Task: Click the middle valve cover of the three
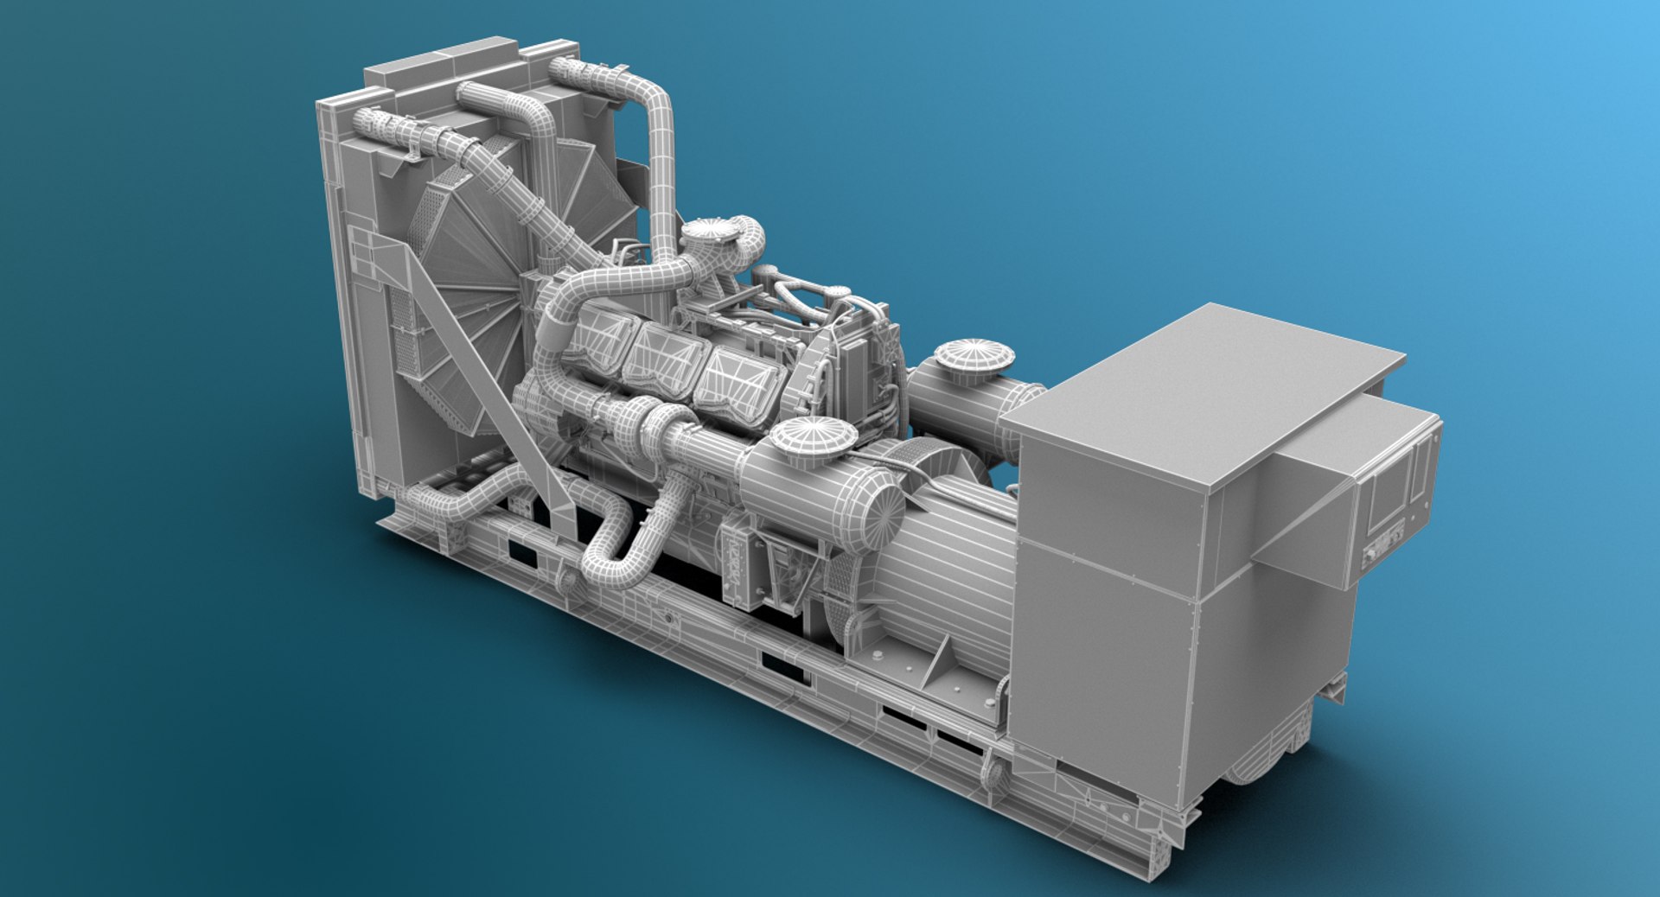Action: [664, 358]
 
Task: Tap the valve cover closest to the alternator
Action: [737, 385]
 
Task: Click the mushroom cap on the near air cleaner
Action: [813, 436]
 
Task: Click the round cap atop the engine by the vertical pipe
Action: [710, 232]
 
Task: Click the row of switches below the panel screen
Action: [1382, 550]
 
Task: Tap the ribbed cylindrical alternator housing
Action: [951, 562]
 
